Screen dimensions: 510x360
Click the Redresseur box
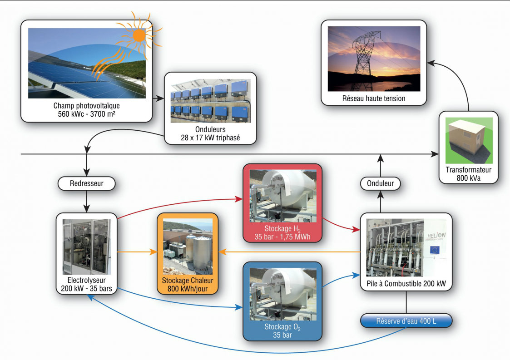point(87,183)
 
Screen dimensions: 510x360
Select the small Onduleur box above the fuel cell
point(380,183)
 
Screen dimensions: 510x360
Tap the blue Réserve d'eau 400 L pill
point(406,321)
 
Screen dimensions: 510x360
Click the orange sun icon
point(139,35)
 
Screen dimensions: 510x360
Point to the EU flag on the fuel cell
point(434,250)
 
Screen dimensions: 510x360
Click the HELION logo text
point(436,235)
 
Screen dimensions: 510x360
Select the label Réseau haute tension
point(374,99)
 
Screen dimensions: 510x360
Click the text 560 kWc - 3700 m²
point(87,114)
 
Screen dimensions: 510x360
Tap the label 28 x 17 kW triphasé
point(210,138)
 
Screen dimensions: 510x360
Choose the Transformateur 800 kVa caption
point(468,174)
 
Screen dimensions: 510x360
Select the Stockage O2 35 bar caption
point(282,331)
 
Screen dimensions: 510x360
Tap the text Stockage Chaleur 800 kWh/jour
point(188,285)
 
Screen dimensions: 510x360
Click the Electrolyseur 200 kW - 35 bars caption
point(87,284)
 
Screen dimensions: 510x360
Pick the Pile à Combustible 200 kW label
point(406,284)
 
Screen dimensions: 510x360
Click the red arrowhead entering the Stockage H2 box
point(239,199)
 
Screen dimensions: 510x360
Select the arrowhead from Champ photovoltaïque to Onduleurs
point(160,98)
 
